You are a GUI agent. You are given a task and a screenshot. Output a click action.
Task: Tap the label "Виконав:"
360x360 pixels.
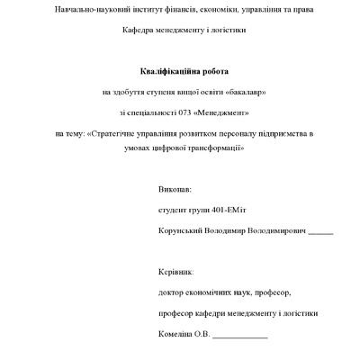click(x=174, y=191)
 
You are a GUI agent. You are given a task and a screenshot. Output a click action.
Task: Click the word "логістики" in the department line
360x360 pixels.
click(x=227, y=30)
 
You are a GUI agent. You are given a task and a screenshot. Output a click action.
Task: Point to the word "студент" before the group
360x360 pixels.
click(x=173, y=211)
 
